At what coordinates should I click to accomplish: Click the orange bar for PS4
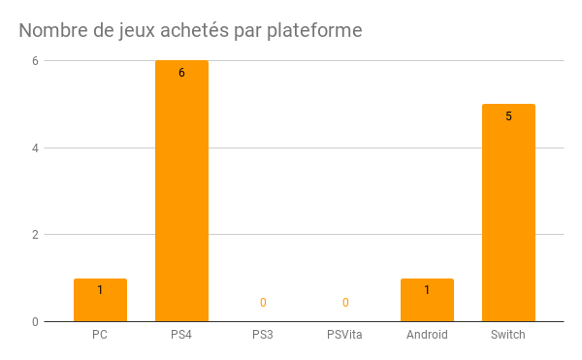181,194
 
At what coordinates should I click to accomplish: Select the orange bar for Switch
508,213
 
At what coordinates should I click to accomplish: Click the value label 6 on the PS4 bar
181,73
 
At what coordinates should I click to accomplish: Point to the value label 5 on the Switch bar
508,116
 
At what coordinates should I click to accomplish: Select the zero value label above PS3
263,303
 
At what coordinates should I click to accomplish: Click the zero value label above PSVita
345,303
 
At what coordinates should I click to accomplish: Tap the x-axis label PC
100,335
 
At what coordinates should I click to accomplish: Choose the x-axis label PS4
181,335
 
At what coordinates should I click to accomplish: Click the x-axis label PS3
263,335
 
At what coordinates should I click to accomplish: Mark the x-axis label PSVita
345,335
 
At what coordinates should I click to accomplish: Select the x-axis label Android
427,335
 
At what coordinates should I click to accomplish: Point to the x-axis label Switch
508,335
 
